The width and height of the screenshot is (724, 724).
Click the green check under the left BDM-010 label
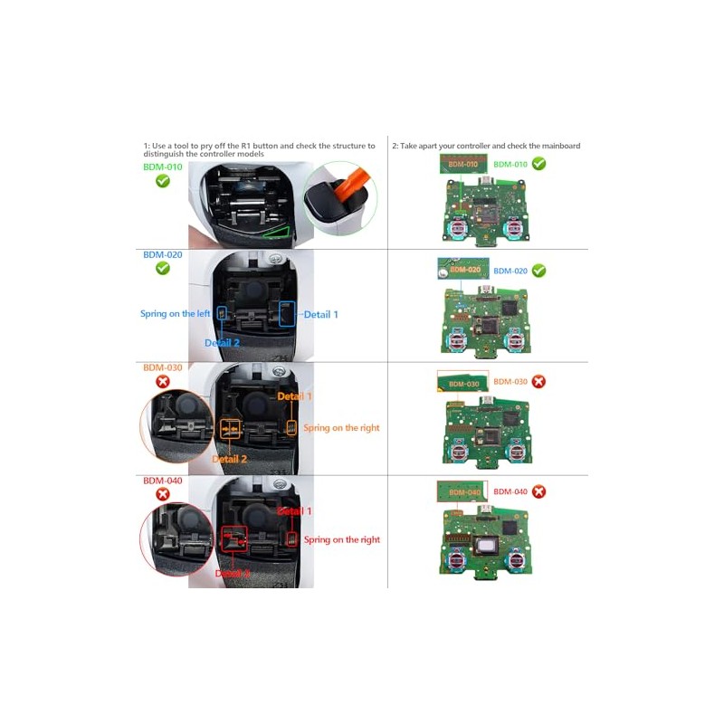pos(163,181)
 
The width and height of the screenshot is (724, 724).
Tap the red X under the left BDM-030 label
pos(163,382)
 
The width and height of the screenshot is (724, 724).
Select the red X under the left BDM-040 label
pos(163,494)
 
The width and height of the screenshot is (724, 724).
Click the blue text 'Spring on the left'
pos(175,314)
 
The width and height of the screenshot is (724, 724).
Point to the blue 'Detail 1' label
pos(320,314)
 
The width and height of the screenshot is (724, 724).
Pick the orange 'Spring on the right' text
pos(341,428)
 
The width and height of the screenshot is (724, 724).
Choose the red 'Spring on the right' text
pos(341,540)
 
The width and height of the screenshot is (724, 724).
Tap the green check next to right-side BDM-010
pos(538,164)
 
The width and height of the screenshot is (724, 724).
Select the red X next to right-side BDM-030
pos(538,382)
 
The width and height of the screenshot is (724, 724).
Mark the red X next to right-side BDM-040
pos(538,491)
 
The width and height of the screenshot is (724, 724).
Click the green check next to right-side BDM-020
pos(538,271)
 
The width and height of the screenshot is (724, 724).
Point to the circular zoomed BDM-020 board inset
pos(463,269)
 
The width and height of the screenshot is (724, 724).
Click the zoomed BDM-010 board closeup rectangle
pos(462,164)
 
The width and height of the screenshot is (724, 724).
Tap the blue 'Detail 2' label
pos(222,343)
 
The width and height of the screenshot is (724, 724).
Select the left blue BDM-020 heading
pos(163,255)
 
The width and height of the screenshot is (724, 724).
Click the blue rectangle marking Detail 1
pos(287,313)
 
